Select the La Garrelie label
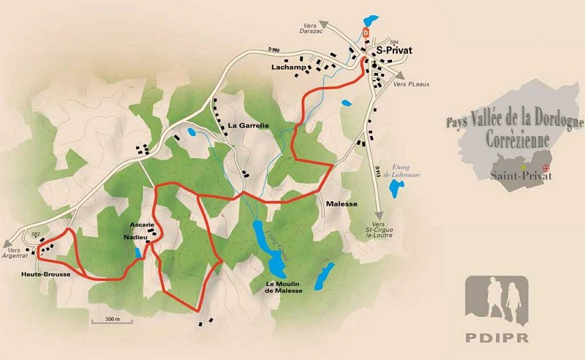pos(249,126)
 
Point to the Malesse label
pos(341,204)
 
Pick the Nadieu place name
pos(136,238)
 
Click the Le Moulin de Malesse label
pos(285,287)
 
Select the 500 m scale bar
pos(107,320)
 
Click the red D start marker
pos(365,33)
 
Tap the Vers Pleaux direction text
pos(409,84)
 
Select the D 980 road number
pos(274,50)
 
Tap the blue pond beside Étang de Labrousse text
pos(396,190)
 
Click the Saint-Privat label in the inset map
pos(507,175)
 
